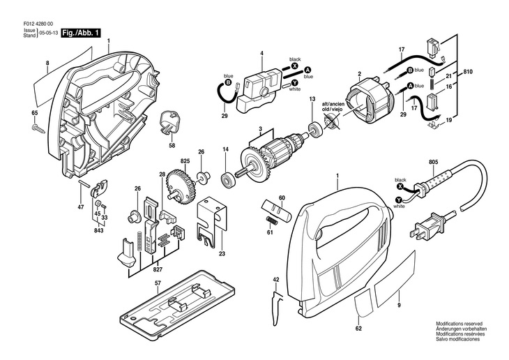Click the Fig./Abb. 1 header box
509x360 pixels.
82,33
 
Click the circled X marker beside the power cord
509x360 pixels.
400,188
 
